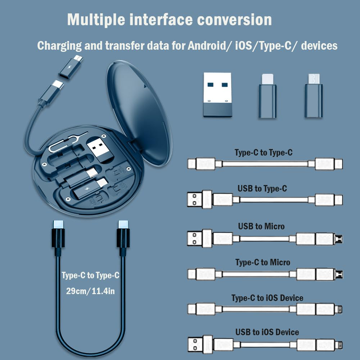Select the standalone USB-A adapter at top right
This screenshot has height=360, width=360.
point(217,94)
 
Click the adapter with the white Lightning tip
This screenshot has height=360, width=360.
point(267,96)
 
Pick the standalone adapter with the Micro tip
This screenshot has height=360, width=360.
point(314,96)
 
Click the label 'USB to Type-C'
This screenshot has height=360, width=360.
point(262,189)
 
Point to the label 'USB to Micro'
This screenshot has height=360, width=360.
point(261,226)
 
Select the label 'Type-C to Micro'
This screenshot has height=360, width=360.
point(263,262)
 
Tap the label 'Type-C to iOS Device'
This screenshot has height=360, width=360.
point(267,298)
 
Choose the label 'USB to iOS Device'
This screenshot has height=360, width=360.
point(267,332)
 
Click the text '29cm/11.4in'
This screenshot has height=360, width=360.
point(90,291)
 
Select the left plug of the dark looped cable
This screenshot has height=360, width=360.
point(58,236)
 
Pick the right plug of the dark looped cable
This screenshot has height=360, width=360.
point(123,236)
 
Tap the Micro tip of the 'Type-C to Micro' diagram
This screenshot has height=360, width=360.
point(338,275)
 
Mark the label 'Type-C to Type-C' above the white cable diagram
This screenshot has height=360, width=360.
point(264,153)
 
